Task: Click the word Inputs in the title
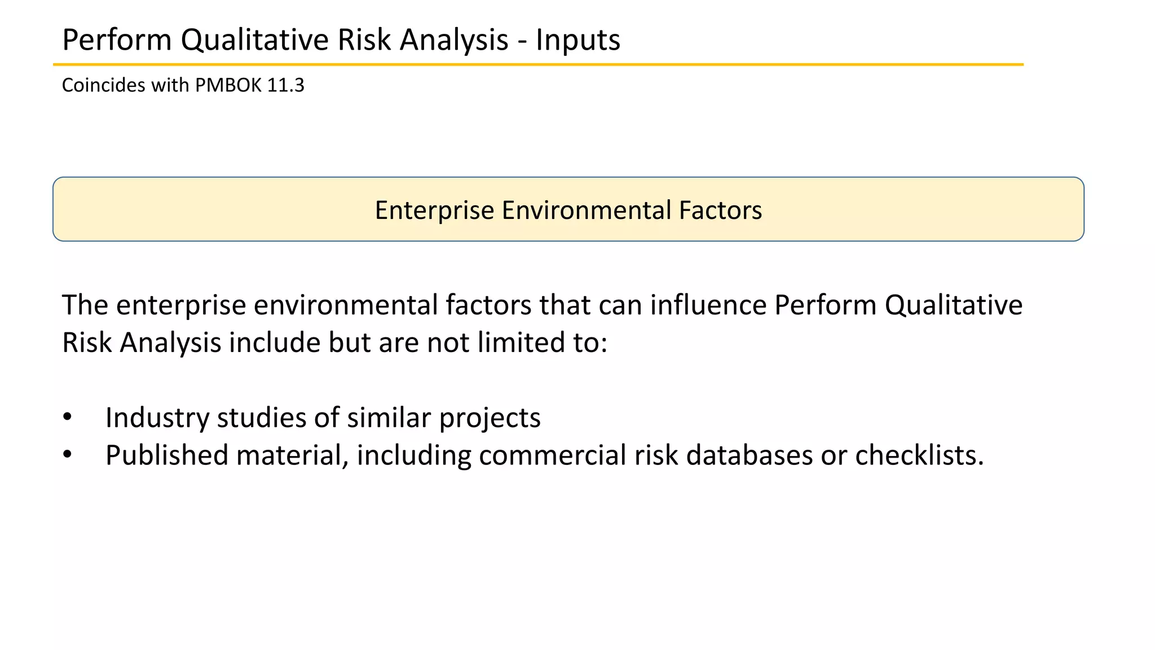tap(577, 40)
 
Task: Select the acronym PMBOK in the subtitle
tap(228, 85)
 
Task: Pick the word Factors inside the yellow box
tap(720, 210)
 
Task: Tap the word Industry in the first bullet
tap(157, 418)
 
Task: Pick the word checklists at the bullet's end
tap(919, 455)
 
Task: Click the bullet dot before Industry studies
tap(68, 418)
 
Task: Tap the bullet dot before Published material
tap(68, 455)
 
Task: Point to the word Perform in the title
tap(117, 40)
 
